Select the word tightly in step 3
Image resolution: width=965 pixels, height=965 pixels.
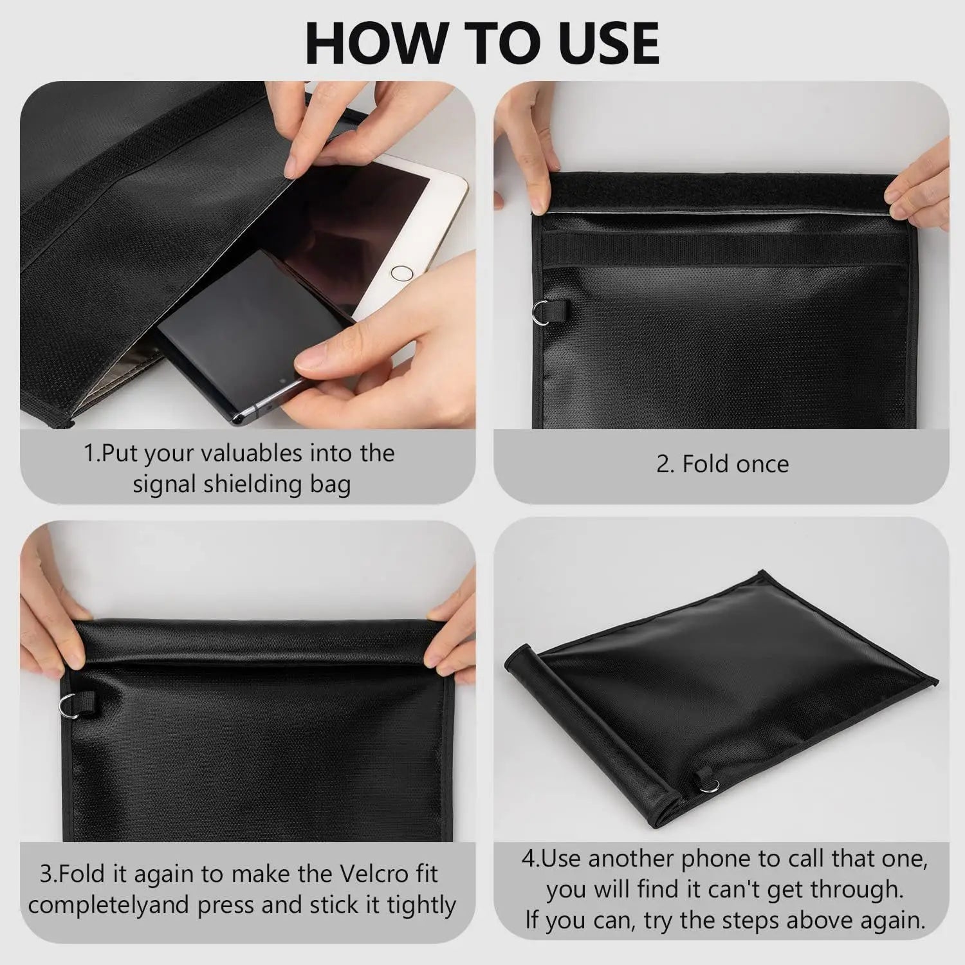point(421,905)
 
